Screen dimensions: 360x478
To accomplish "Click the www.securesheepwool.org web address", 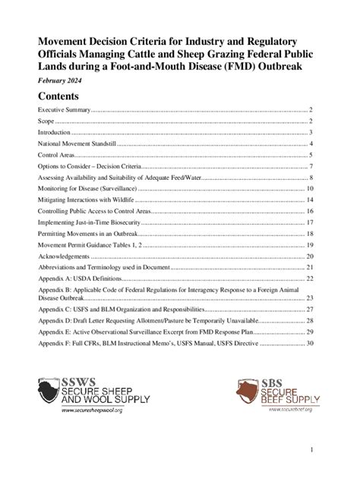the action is tap(92, 408).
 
